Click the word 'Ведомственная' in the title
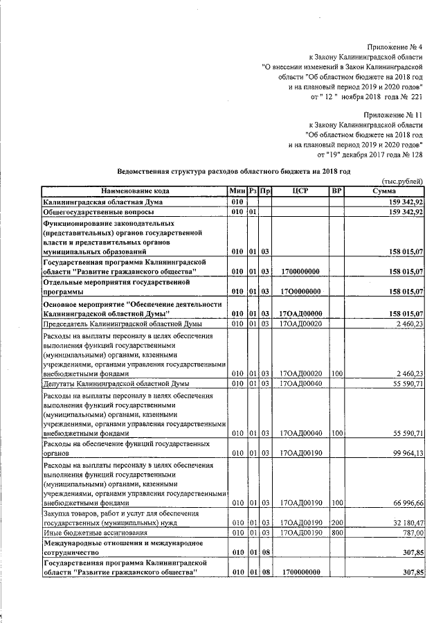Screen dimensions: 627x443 click(146, 170)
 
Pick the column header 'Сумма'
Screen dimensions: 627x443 click(383, 191)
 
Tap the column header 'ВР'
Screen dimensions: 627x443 click(336, 191)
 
